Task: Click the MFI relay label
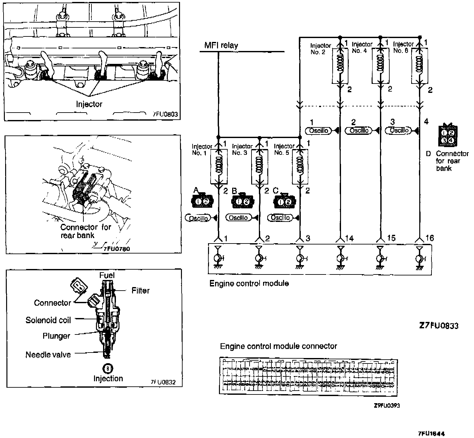pyautogui.click(x=221, y=45)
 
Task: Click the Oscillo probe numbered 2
pyautogui.click(x=359, y=131)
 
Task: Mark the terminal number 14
pyautogui.click(x=349, y=238)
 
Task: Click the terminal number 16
pyautogui.click(x=430, y=238)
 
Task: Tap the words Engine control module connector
pyautogui.click(x=278, y=346)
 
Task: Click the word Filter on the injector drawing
pyautogui.click(x=140, y=291)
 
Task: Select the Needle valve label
pyautogui.click(x=48, y=355)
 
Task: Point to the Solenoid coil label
pyautogui.click(x=48, y=320)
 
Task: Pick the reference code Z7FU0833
pyautogui.click(x=439, y=326)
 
